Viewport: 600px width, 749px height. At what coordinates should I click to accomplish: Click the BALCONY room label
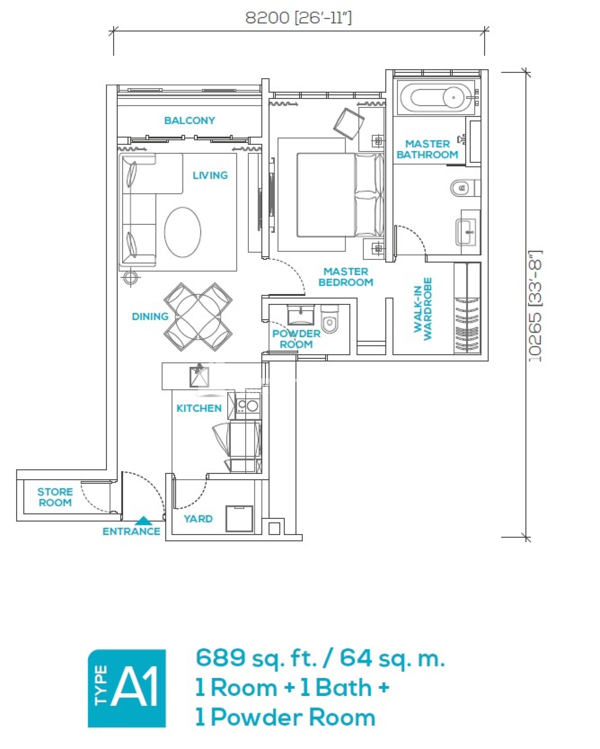pyautogui.click(x=189, y=120)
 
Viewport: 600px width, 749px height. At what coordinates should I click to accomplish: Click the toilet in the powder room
pyautogui.click(x=330, y=319)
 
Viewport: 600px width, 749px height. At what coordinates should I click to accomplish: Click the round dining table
pyautogui.click(x=198, y=316)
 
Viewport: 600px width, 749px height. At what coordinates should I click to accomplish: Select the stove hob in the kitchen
pyautogui.click(x=248, y=405)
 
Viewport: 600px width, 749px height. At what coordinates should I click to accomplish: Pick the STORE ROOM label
pyautogui.click(x=55, y=497)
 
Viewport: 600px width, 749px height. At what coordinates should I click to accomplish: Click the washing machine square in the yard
pyautogui.click(x=239, y=519)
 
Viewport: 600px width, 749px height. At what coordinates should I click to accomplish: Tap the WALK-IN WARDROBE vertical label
pyautogui.click(x=423, y=309)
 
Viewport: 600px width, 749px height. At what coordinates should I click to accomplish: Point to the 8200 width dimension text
pyautogui.click(x=298, y=18)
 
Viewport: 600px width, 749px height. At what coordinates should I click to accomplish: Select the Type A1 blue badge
pyautogui.click(x=127, y=688)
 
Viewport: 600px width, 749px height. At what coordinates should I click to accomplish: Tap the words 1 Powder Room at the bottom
pyautogui.click(x=285, y=717)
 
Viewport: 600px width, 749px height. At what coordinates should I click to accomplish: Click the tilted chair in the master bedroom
pyautogui.click(x=349, y=123)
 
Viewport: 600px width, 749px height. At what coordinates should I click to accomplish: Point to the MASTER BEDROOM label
pyautogui.click(x=346, y=277)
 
